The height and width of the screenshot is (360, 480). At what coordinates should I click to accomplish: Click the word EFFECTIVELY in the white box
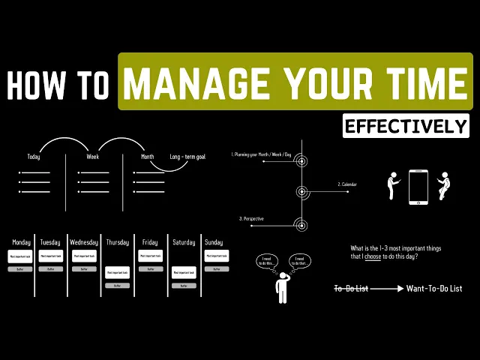point(406,125)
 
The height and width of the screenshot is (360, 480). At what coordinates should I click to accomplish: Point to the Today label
point(34,157)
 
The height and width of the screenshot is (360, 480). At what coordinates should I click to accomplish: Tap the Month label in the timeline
point(147,157)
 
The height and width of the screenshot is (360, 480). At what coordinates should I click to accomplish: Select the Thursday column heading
point(117,242)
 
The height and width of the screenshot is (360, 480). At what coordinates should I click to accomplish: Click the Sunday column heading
point(214,242)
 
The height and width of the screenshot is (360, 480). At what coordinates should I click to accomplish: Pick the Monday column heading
point(21,242)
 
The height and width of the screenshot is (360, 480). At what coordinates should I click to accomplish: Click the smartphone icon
point(418,187)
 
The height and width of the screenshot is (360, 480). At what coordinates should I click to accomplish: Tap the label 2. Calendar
point(347,184)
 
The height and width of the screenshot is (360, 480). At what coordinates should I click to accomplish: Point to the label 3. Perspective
point(251,218)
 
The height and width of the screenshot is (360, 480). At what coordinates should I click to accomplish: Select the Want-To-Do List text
point(433,288)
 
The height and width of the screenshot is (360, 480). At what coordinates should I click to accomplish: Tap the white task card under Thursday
point(117,272)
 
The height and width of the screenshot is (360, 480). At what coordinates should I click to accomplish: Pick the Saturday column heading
point(184,242)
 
